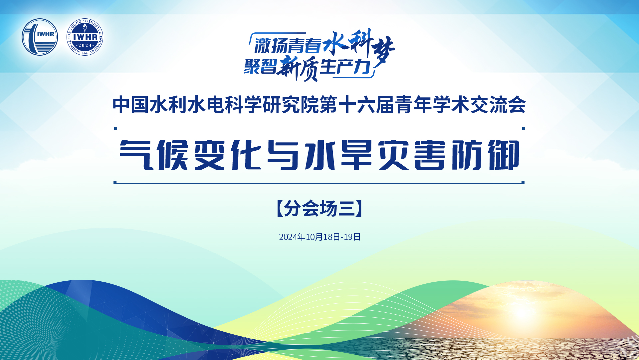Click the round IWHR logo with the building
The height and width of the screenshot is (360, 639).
point(40,37)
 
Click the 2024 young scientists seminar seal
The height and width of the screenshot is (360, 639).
point(85,37)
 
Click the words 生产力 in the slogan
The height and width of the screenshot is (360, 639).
point(345,66)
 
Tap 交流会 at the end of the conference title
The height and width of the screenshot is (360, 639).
point(498,105)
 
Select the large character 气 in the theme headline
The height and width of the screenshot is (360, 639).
point(136,155)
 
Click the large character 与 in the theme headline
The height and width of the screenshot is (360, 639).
point(284,155)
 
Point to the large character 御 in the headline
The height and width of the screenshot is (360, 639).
point(504,155)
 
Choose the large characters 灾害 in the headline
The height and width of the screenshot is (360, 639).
point(412,155)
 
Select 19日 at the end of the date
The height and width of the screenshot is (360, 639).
point(352,237)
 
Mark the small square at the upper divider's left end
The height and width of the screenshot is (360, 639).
point(115,128)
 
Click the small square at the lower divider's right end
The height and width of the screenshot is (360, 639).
point(523,182)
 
